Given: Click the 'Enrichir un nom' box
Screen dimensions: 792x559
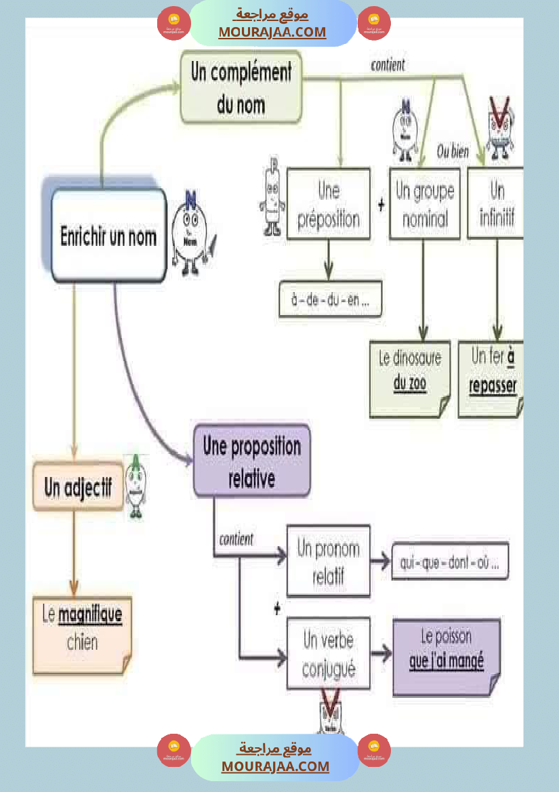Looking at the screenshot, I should coord(108,236).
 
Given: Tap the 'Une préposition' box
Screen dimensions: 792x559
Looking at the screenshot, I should coord(329,204).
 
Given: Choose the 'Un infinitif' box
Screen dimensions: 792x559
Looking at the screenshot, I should coord(496,203).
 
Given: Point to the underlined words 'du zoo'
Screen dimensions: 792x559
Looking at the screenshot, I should coord(409,384).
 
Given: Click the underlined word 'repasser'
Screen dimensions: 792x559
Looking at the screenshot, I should coord(493,386).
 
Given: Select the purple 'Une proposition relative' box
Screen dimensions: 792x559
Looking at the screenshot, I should coord(251,461).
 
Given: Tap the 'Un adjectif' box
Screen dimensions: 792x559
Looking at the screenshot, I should coord(78,486).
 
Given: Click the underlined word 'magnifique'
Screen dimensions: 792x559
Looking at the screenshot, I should coord(90,615).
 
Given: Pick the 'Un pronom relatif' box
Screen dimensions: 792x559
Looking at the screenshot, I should coord(328,561).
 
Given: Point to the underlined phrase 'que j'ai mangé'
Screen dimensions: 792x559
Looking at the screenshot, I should coord(447,661).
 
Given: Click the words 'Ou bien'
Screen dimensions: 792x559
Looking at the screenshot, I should coord(453,151).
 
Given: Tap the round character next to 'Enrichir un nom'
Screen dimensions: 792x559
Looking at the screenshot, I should coord(192,234).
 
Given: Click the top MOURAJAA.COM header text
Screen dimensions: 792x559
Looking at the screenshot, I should coord(272,32).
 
